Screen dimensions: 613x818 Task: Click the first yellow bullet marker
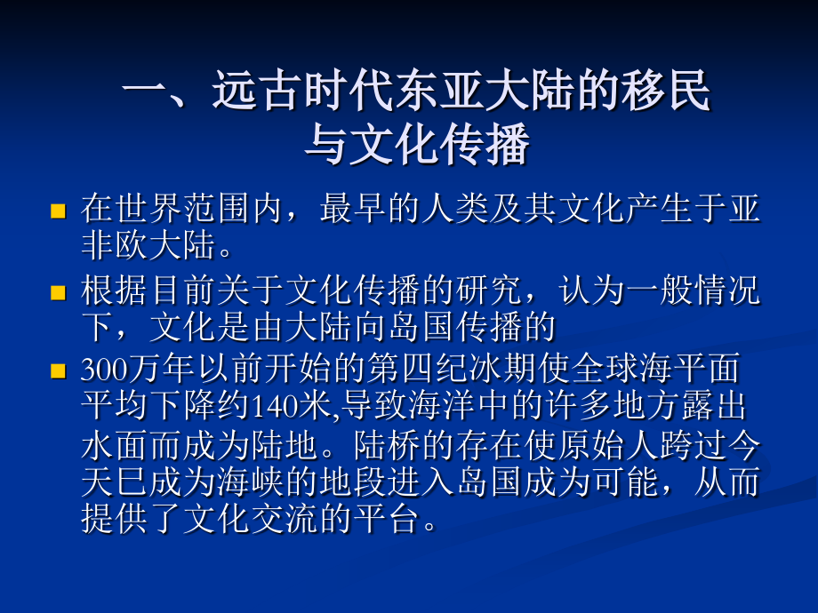[x=60, y=211]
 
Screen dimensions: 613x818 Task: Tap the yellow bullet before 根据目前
[x=60, y=292]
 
